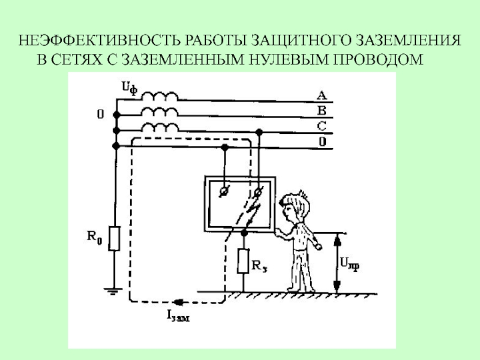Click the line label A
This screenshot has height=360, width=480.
coord(322,95)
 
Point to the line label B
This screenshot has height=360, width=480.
coord(322,110)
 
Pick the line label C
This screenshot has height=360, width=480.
coord(322,126)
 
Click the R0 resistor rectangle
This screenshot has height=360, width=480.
coord(115,238)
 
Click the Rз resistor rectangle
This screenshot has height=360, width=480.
coord(244,260)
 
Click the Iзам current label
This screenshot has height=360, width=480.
coord(178,317)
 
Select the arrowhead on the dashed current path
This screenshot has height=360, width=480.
coord(178,302)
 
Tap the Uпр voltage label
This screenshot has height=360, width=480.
coord(351,262)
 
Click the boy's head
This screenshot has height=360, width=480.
coord(296,206)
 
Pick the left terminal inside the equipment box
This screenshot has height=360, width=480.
coord(224,190)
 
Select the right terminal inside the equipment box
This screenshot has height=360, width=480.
coord(259,191)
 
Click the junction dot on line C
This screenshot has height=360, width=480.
coord(259,131)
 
